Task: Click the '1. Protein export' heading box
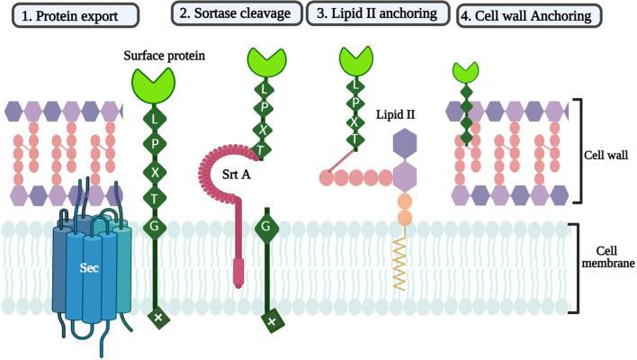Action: [70, 14]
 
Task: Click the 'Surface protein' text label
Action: [165, 56]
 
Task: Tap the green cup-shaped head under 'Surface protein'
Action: [154, 85]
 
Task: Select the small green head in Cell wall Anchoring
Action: [465, 71]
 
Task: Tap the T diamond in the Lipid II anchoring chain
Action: [356, 139]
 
